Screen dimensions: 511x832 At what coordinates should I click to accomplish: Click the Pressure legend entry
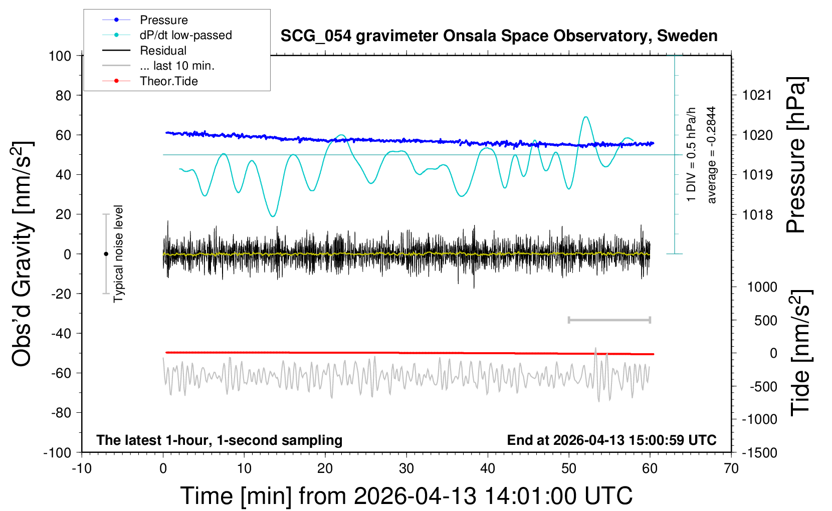[163, 20]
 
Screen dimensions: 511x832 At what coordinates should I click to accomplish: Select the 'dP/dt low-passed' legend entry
[185, 35]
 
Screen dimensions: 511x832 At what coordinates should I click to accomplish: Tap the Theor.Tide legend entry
[168, 81]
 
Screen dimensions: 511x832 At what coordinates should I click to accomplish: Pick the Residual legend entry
[163, 51]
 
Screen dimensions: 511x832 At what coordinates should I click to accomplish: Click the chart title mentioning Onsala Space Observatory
[499, 36]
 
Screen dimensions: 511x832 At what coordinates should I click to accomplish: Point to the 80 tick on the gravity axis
[63, 95]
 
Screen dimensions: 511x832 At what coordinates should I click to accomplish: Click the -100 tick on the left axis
[57, 452]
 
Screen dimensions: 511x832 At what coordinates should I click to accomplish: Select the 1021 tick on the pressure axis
[757, 95]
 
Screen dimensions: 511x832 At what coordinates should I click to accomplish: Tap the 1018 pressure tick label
[757, 215]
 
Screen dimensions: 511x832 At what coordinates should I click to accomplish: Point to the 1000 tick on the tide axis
[762, 287]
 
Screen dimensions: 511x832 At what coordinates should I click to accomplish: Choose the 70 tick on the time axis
[731, 469]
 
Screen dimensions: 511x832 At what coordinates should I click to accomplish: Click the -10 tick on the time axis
[82, 469]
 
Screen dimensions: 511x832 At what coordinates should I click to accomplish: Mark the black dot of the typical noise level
[106, 254]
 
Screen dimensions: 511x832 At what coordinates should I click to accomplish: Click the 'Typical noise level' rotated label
[118, 253]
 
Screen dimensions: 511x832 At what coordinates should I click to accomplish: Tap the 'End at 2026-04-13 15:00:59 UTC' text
[611, 440]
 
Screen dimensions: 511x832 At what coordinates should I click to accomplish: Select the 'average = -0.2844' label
[712, 155]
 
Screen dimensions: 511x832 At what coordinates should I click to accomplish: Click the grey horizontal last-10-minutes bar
[609, 320]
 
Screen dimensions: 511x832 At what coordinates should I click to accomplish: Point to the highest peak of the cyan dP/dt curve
[585, 117]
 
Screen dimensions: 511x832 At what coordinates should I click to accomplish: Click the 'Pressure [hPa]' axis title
[796, 155]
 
